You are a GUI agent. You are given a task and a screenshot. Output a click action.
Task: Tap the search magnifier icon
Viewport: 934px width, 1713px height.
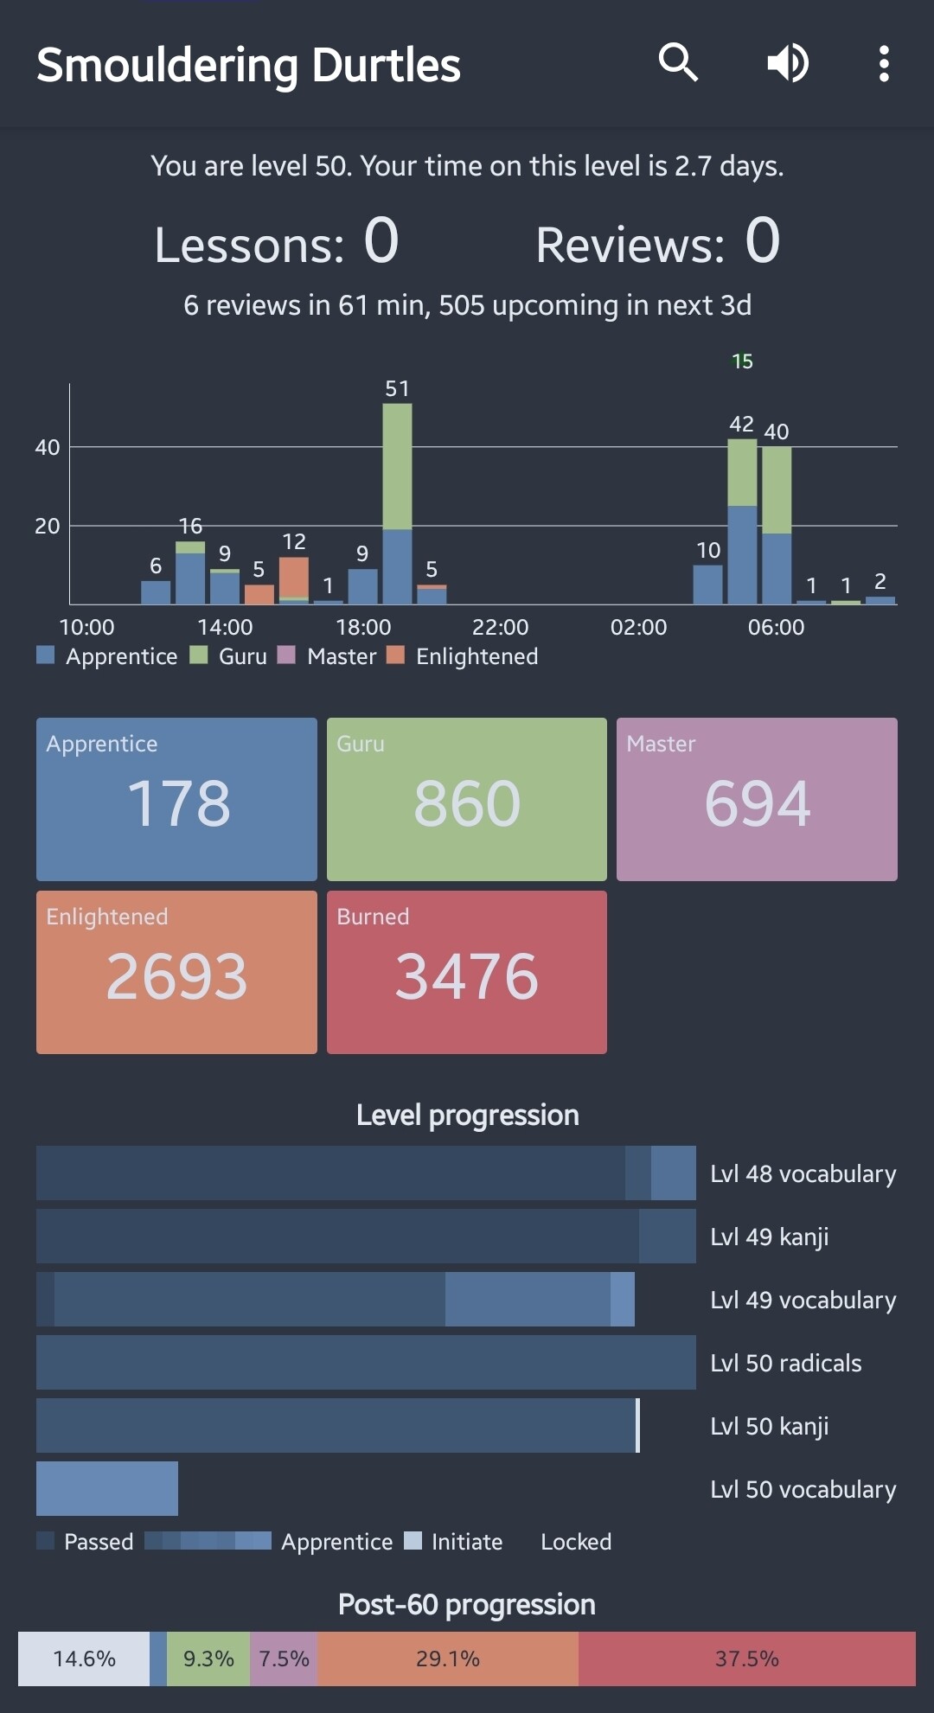click(x=678, y=63)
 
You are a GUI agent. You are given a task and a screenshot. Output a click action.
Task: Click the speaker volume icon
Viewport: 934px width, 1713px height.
click(x=788, y=63)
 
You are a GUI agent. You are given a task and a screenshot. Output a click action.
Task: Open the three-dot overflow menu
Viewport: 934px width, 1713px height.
click(x=883, y=64)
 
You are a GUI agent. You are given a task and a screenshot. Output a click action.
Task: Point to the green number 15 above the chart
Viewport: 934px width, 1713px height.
click(x=742, y=361)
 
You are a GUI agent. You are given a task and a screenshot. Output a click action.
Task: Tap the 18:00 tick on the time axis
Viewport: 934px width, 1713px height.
click(x=363, y=627)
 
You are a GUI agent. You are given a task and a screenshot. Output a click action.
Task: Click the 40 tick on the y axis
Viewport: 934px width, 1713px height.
click(x=48, y=447)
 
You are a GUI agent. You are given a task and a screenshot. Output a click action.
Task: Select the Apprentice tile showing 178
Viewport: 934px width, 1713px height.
click(x=176, y=799)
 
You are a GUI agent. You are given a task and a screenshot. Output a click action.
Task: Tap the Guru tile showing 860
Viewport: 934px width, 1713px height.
click(x=467, y=799)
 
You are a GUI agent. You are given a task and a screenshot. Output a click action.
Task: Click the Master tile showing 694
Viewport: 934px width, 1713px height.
click(x=757, y=799)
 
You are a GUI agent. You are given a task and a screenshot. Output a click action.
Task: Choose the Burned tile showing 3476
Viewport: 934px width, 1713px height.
click(x=467, y=972)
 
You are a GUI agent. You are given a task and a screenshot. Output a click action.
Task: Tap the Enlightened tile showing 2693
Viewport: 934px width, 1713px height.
click(x=176, y=972)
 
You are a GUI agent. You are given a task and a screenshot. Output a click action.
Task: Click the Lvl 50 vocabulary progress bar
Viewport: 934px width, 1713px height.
click(x=107, y=1488)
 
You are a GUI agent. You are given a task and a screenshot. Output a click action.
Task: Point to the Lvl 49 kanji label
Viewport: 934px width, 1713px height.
click(x=769, y=1237)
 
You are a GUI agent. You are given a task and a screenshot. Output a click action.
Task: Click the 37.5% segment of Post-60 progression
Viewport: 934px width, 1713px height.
click(x=746, y=1659)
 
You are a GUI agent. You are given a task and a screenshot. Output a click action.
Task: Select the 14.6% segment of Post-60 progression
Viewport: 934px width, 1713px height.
click(x=84, y=1659)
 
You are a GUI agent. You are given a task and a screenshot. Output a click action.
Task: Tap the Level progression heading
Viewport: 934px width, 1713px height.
click(x=467, y=1115)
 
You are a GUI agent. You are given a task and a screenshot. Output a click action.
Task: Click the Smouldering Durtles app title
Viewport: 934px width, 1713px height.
click(x=249, y=65)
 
